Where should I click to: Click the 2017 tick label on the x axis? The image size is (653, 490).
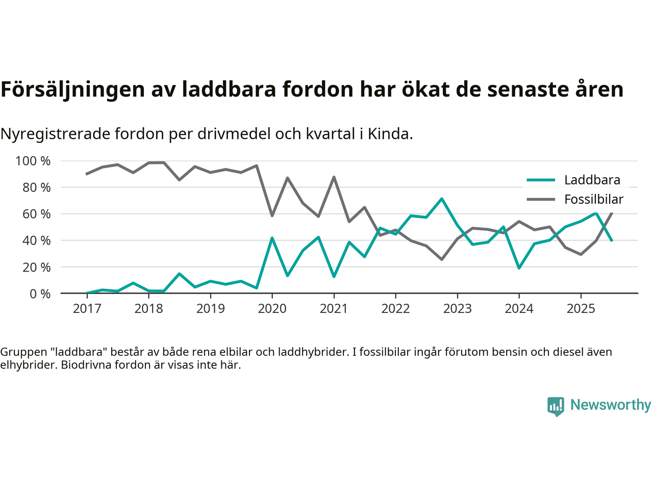point(87,308)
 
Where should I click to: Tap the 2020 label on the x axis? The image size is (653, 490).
point(272,308)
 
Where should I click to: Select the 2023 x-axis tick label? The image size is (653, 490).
point(457,308)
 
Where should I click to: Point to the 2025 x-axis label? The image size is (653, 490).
point(581,308)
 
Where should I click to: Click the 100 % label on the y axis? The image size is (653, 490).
point(33,161)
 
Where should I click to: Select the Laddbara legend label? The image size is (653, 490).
point(592,180)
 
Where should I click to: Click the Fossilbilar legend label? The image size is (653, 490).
point(594,200)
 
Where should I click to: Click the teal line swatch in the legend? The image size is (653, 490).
point(541,180)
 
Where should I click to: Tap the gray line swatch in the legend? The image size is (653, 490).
point(541,200)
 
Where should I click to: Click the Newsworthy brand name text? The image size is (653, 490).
point(610,405)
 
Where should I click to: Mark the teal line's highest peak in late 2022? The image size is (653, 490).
point(442,199)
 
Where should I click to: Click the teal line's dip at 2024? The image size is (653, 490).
point(519,268)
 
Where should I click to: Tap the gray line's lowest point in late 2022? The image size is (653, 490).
point(442,259)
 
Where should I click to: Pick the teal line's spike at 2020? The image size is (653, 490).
point(272,238)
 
